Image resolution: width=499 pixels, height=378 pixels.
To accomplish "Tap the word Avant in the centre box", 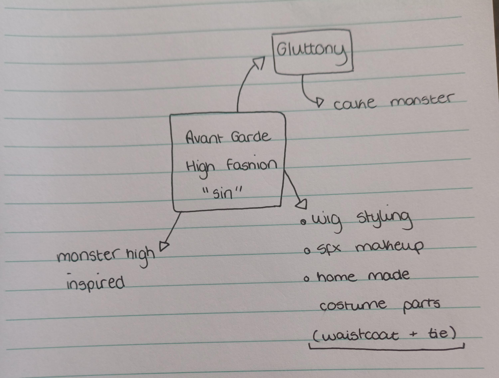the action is coord(203,138).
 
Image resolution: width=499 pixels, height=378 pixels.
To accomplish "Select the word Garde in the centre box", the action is coord(251,136).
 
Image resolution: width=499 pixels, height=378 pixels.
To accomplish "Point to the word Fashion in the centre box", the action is coord(252,165).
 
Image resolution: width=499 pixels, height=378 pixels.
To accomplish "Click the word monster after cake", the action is coord(421,100).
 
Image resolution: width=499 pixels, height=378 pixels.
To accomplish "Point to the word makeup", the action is coord(389,247).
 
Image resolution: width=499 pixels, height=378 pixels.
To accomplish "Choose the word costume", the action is coord(353,305).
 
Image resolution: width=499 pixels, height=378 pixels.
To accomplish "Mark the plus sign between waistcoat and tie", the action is coord(413,335).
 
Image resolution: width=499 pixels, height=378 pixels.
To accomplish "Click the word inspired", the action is coord(95,283).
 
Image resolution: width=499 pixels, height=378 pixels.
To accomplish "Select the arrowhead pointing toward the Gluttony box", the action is coord(259,63).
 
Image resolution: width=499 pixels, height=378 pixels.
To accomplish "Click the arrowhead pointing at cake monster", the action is coord(320,102).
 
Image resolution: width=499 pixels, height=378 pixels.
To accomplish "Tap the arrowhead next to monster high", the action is coord(164,246).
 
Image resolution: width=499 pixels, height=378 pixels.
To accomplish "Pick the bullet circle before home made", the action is coord(307,280).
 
